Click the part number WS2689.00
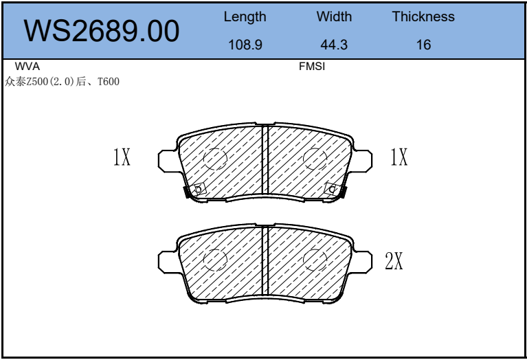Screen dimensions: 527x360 pyautogui.click(x=102, y=31)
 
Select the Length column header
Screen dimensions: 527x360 pyautogui.click(x=245, y=16)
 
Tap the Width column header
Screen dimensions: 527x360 pyautogui.click(x=334, y=16)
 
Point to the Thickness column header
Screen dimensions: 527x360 pyautogui.click(x=423, y=16)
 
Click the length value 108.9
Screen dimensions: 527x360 pyautogui.click(x=245, y=45)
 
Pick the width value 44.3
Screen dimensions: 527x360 pyautogui.click(x=334, y=45)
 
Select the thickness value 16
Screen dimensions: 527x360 pyautogui.click(x=423, y=45)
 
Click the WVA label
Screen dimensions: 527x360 pyautogui.click(x=27, y=66)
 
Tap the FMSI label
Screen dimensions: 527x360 pyautogui.click(x=312, y=66)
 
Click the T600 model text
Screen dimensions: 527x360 pyautogui.click(x=109, y=82)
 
